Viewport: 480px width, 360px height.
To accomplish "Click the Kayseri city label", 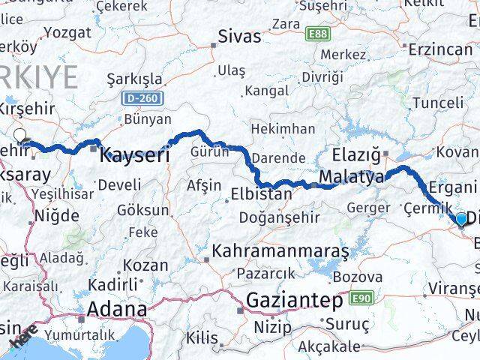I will coord(135,156).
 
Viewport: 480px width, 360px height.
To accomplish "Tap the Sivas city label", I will coord(239,36).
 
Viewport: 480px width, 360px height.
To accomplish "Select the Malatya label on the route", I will coord(351,177).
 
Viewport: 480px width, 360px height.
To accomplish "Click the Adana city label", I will coord(117,308).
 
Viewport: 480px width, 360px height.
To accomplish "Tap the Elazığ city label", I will coord(360,157).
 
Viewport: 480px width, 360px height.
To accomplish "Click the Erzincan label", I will coord(441,50).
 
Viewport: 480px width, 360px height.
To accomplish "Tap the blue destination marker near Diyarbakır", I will coord(460,218).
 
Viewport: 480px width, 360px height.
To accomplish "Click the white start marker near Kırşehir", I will coord(20,136).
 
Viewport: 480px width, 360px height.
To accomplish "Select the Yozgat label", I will coord(67,32).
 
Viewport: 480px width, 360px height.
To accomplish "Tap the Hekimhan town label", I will coord(283,129).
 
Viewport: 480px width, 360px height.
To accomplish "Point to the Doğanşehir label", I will coord(274,217).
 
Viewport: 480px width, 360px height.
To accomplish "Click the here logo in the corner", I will coord(22,343).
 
